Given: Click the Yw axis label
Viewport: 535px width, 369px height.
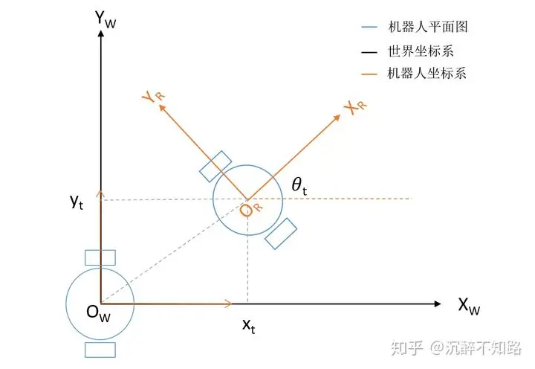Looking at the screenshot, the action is (106, 19).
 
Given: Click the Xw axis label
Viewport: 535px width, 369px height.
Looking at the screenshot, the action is (469, 306).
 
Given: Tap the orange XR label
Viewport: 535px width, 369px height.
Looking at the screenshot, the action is (355, 108).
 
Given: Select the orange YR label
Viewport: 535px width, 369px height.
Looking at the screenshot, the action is (153, 97).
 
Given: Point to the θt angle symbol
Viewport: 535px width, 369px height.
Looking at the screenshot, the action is (299, 187).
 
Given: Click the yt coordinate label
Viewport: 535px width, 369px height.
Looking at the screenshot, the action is (77, 202).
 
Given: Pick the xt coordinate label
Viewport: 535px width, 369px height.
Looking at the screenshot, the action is (248, 326).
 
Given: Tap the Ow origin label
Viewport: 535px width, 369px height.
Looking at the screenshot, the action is (98, 313).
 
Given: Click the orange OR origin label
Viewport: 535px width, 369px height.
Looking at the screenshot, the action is (251, 209).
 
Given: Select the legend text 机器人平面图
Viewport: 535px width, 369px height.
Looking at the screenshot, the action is (428, 27).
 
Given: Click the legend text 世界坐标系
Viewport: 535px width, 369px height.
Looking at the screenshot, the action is (421, 51).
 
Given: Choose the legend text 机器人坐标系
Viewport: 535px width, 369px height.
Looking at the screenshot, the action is (427, 73).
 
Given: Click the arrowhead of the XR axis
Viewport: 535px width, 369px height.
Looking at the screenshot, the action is (337, 118).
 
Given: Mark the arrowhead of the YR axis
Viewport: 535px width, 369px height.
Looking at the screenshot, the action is (162, 108).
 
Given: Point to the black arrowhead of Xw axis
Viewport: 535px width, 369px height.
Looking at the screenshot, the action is (438, 304).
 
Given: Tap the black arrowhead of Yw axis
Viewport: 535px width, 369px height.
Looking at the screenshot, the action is (100, 33).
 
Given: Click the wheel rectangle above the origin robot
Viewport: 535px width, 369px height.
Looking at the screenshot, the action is (100, 257).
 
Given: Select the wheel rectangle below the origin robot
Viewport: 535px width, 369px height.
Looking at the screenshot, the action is (100, 350).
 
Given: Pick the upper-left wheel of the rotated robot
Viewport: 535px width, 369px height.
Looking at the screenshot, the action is (215, 167).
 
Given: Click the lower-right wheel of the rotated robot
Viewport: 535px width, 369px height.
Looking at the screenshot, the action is (281, 234).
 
